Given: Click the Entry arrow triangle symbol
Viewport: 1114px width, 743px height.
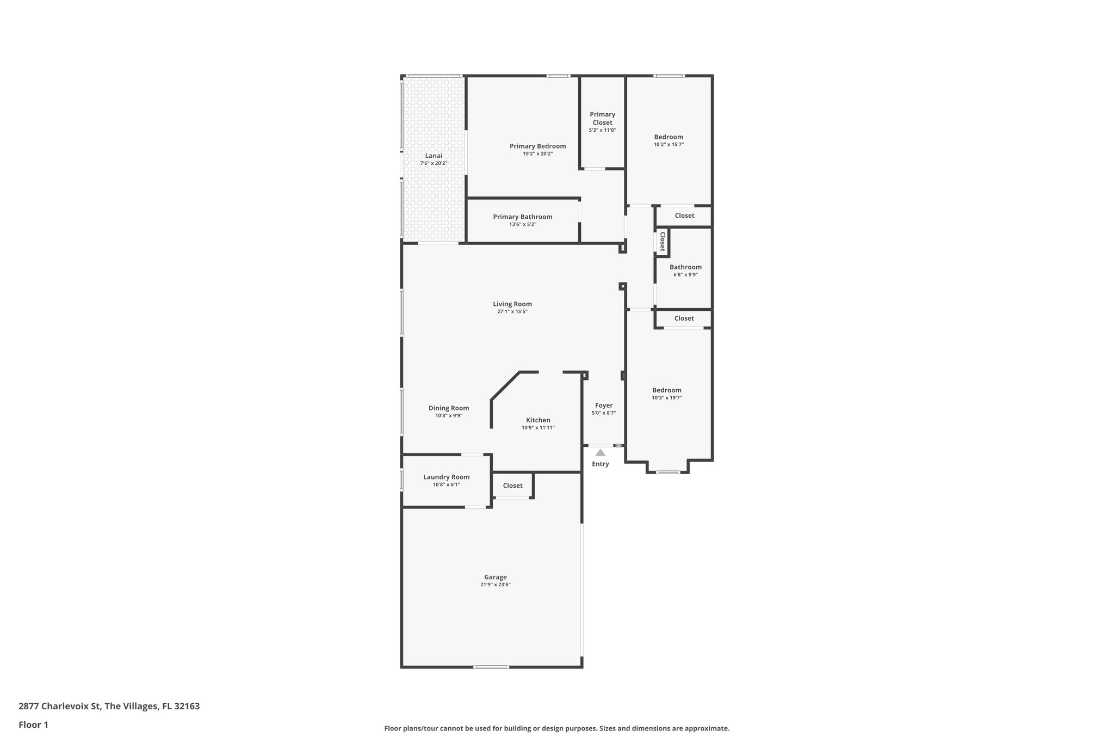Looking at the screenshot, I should (600, 453).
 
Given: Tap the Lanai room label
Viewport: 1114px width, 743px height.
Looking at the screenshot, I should (434, 156).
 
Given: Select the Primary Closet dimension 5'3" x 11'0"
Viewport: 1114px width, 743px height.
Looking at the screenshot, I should (602, 130).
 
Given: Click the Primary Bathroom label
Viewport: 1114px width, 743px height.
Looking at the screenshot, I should (522, 217).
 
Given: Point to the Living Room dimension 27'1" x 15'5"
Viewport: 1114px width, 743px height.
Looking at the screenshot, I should (512, 312).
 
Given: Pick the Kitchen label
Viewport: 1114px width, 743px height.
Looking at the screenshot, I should (538, 420).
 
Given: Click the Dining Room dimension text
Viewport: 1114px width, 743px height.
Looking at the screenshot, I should (448, 416).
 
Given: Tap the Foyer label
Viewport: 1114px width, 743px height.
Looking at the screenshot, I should (604, 406).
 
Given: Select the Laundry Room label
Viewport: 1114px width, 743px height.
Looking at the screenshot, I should (446, 477).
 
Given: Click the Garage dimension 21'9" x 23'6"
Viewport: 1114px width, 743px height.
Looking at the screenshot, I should (495, 585).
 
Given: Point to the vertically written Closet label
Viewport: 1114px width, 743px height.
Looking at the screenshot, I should (663, 242).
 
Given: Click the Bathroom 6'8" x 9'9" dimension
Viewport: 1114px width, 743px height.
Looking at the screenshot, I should (685, 275).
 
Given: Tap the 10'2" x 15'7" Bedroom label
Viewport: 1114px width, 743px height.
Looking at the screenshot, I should (669, 137).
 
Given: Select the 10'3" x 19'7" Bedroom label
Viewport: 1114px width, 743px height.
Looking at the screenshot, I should (667, 390).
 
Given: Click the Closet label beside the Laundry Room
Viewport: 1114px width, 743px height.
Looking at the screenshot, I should (512, 486).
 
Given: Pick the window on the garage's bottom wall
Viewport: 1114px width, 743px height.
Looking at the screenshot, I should (491, 667).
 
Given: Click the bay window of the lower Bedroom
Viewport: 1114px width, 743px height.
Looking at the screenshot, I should (668, 472).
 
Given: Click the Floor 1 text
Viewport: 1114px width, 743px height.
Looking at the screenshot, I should (34, 724).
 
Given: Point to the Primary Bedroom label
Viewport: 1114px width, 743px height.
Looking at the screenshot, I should (537, 146).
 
